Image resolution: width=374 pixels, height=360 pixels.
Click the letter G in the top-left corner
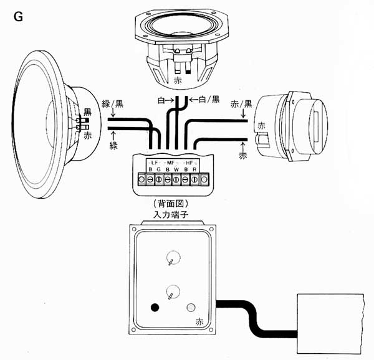[18, 17]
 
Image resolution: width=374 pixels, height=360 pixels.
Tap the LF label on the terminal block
[155, 163]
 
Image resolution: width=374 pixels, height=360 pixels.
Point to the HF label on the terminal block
[194, 163]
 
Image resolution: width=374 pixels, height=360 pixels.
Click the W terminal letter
[176, 169]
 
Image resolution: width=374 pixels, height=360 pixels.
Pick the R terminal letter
[195, 169]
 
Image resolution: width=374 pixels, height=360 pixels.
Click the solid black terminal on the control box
[155, 308]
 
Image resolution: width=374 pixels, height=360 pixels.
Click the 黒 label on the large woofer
[87, 111]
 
